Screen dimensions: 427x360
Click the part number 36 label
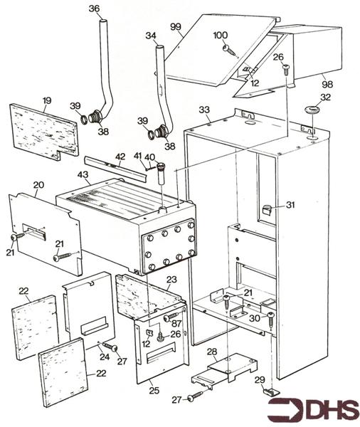pyautogui.click(x=94, y=9)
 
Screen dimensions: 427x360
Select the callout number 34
pyautogui.click(x=150, y=36)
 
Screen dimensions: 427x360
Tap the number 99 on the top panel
pyautogui.click(x=176, y=26)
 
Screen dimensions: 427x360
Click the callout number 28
pyautogui.click(x=212, y=352)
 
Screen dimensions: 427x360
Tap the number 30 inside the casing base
pyautogui.click(x=254, y=319)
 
